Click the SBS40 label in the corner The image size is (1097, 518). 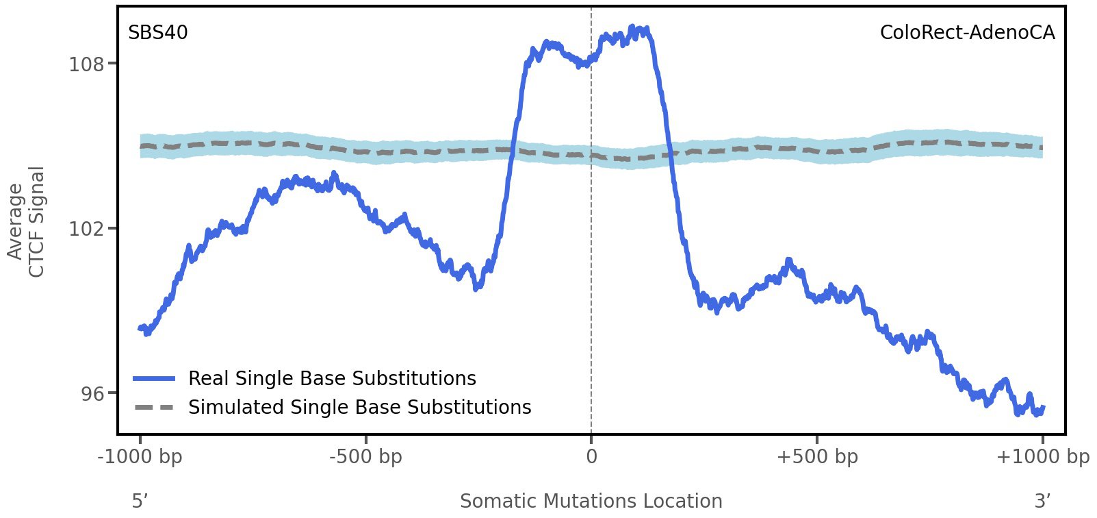click(x=157, y=33)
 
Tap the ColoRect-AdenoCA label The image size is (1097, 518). click(x=967, y=33)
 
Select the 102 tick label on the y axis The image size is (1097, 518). click(x=86, y=229)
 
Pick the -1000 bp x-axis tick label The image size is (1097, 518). click(x=140, y=456)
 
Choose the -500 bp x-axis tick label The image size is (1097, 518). click(x=365, y=456)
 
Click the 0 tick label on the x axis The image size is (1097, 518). click(x=591, y=456)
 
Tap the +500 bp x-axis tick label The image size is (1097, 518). click(x=817, y=456)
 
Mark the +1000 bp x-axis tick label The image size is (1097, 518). click(x=1042, y=456)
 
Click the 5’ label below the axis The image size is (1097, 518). click(x=140, y=501)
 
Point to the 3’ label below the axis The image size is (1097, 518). click(x=1042, y=501)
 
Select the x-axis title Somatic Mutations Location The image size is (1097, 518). click(x=591, y=501)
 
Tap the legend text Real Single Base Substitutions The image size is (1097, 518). click(x=332, y=378)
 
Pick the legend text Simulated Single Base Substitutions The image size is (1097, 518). click(x=359, y=407)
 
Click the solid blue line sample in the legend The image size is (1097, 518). click(x=155, y=378)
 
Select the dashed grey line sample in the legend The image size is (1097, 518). click(x=155, y=407)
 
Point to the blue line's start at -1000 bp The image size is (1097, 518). click(x=141, y=328)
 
